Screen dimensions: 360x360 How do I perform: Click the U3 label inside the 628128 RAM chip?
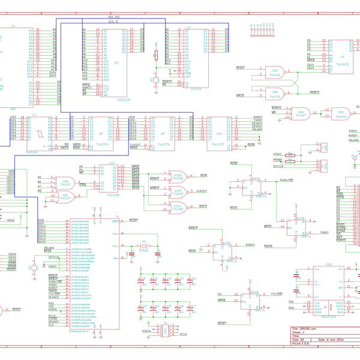[116, 62]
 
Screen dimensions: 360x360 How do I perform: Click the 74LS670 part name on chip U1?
[343, 63]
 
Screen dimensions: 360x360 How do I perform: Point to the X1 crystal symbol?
[144, 247]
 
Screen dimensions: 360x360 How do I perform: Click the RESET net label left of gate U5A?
[242, 68]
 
